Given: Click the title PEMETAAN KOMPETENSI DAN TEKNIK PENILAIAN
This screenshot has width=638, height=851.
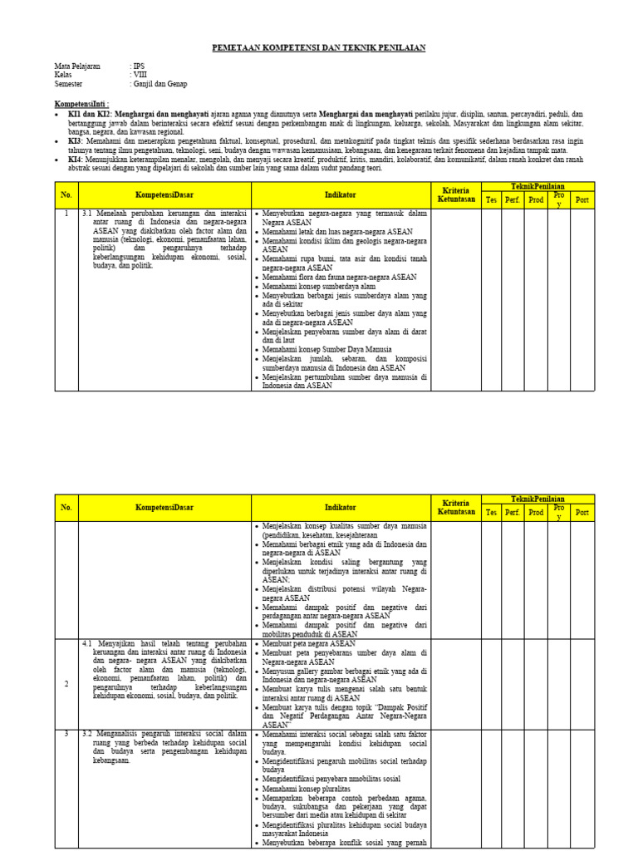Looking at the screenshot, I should pos(319,48).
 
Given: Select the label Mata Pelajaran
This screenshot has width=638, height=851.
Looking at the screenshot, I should pos(76,65).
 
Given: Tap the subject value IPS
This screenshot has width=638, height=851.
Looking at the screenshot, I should pos(139,65).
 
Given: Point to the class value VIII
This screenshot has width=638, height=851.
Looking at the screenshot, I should pos(140,74).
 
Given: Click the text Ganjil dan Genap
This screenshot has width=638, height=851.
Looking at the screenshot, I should pos(160,84).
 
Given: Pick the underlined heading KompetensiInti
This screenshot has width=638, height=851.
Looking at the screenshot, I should pos(81,104).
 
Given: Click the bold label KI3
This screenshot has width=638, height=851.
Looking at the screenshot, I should pos(75,140).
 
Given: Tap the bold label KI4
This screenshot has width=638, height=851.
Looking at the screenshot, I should pos(75,159).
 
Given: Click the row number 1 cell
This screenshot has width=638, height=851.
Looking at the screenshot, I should pos(66,214).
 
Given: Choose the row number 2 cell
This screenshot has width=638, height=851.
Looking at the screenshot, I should pos(66,683).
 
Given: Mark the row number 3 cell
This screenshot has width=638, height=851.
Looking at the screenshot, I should pos(66,734).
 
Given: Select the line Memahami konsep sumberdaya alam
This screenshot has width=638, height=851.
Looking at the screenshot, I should pos(319,286).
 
